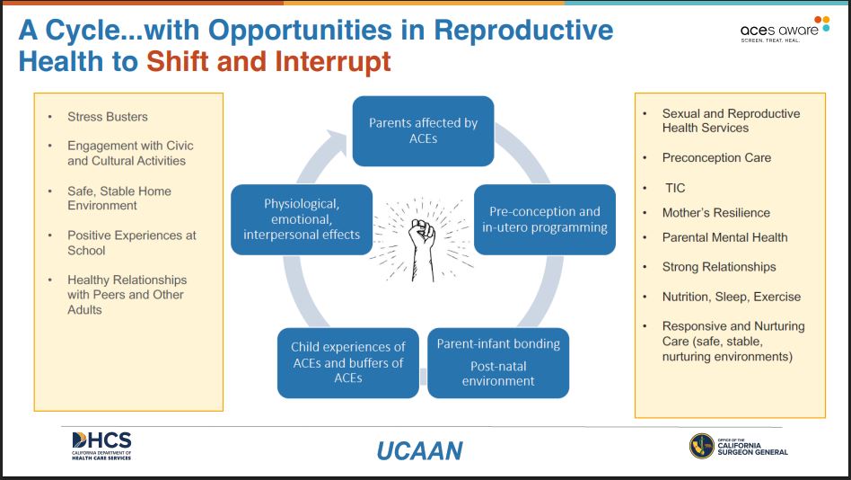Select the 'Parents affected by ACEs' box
coord(423,131)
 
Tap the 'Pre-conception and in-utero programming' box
coord(544,219)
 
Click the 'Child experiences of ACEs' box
coord(347,362)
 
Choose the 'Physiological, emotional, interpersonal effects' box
coord(301,219)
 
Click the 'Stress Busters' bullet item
coord(107,117)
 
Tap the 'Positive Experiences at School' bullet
coord(131,243)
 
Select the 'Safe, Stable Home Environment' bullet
coord(118,198)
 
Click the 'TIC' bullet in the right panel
coord(675,189)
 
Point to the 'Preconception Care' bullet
coord(716,157)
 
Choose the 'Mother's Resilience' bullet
coord(715,213)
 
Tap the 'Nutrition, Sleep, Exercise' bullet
coord(731,297)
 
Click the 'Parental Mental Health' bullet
coord(724,237)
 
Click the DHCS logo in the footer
coord(101,445)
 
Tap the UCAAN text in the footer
coord(419,449)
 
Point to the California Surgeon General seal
coord(702,446)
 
